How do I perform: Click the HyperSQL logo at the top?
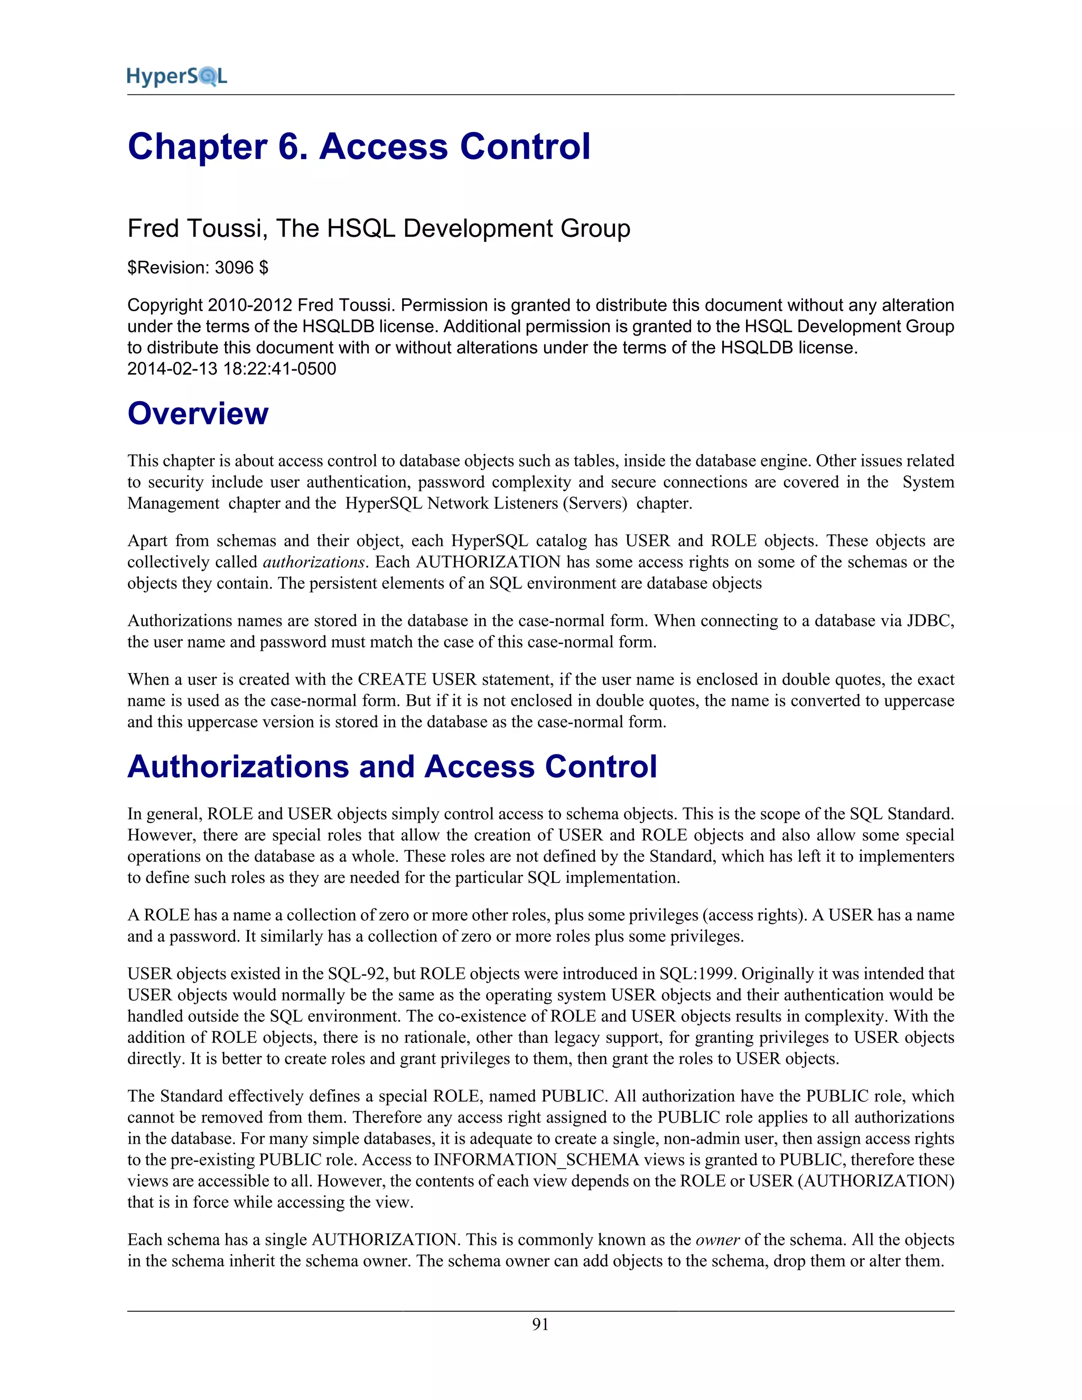point(177,77)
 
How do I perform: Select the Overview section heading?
point(198,414)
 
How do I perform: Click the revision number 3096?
point(234,267)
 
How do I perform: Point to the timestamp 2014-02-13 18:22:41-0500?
point(231,369)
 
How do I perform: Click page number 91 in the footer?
point(540,1324)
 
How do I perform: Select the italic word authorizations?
point(313,562)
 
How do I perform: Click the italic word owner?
point(717,1240)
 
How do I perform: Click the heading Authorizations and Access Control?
point(391,767)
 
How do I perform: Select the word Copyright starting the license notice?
point(165,305)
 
